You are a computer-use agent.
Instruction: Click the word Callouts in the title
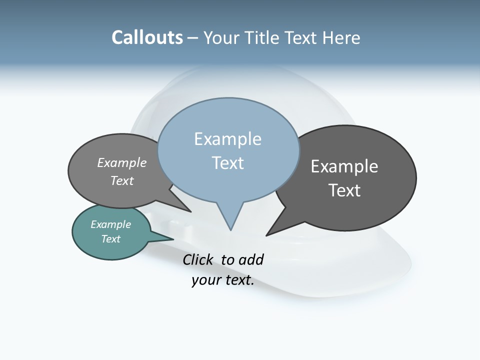pos(147,37)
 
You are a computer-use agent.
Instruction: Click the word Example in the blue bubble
pos(227,139)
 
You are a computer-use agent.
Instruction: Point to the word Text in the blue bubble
pos(228,163)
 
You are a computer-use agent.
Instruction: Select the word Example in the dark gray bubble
pos(344,166)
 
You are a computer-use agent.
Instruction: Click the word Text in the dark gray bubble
pos(344,190)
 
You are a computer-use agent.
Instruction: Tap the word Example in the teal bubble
pos(111,224)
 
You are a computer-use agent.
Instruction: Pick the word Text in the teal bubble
pos(111,239)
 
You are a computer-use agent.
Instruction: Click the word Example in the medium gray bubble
pos(122,163)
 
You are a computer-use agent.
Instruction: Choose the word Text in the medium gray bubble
pos(122,180)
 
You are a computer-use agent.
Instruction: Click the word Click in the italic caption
pos(198,259)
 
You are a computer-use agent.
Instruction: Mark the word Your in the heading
pos(222,38)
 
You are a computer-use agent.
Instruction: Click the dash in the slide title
pos(193,38)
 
